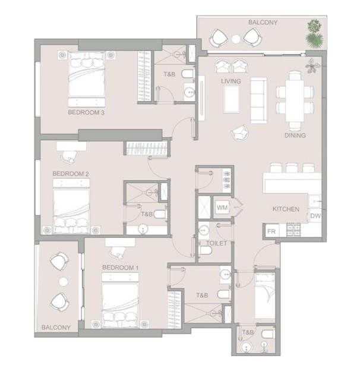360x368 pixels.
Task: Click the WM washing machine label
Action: click(x=222, y=207)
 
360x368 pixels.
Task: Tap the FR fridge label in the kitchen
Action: click(x=271, y=232)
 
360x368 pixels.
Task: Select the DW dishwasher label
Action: click(x=315, y=216)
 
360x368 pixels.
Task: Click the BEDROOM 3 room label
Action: click(x=86, y=112)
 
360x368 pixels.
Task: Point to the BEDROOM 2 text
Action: click(x=71, y=174)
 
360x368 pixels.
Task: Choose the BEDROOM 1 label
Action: click(x=121, y=268)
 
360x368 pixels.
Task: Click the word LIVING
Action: click(x=231, y=81)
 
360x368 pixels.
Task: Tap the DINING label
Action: click(x=295, y=136)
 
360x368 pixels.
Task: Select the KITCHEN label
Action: click(x=286, y=209)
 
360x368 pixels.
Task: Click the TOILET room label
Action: click(x=217, y=243)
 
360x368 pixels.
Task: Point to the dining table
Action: click(x=295, y=101)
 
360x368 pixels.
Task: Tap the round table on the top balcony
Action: click(x=236, y=39)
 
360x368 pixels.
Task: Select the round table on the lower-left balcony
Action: click(x=63, y=281)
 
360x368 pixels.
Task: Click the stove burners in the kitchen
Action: click(x=293, y=229)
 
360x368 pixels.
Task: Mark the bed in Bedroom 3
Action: click(x=87, y=79)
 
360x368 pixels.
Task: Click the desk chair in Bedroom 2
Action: click(x=69, y=156)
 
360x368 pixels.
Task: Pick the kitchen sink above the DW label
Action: click(x=314, y=201)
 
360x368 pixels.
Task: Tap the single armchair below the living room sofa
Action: click(x=239, y=133)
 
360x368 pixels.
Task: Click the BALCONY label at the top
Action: click(x=263, y=23)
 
